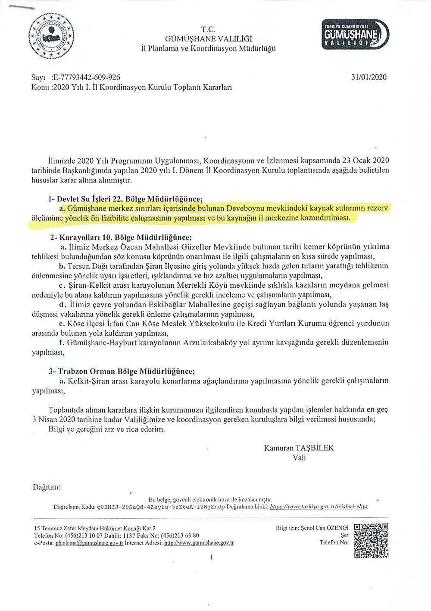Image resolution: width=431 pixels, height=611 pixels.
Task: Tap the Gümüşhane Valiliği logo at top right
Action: click(356, 35)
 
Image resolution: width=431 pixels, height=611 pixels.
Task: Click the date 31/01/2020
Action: click(369, 78)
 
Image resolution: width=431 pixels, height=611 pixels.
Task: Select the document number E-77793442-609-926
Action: click(87, 78)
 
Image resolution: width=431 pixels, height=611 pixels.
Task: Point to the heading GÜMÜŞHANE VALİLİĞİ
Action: click(208, 39)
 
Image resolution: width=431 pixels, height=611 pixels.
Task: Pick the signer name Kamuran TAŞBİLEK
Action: click(299, 448)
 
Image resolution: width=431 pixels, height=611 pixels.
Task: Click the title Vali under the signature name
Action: click(299, 457)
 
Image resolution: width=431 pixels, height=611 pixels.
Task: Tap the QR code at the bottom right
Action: click(371, 541)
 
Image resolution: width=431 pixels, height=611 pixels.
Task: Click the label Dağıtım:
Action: click(47, 487)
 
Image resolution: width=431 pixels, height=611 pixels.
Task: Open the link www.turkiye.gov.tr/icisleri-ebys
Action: click(319, 507)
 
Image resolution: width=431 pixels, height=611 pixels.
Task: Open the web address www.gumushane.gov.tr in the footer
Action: click(199, 543)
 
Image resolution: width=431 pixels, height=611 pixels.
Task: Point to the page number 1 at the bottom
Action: click(211, 557)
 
